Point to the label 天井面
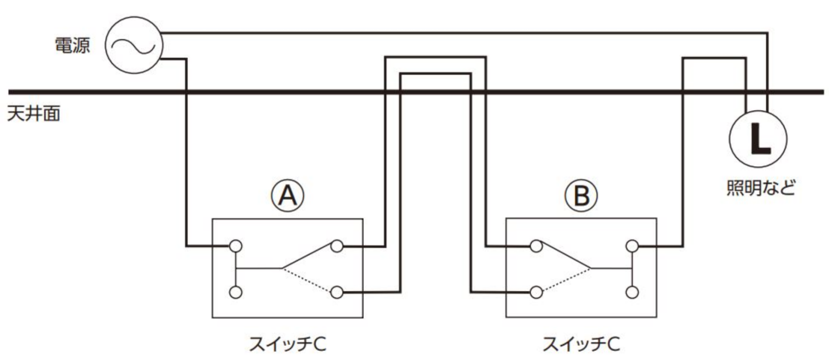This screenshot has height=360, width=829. (x=33, y=114)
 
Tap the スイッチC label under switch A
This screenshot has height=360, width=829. (x=287, y=343)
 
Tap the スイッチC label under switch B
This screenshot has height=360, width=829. (x=581, y=343)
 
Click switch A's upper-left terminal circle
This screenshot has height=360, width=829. (x=235, y=247)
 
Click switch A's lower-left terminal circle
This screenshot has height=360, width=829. (x=235, y=292)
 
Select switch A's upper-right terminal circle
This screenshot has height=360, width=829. (x=337, y=247)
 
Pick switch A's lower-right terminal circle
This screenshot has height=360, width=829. (x=337, y=292)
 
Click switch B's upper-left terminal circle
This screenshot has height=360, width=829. (x=535, y=247)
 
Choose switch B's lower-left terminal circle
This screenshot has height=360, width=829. (x=535, y=292)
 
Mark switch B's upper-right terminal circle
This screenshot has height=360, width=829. (x=632, y=247)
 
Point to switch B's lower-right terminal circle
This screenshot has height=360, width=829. (x=632, y=292)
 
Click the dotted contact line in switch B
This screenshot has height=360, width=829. (x=564, y=280)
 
